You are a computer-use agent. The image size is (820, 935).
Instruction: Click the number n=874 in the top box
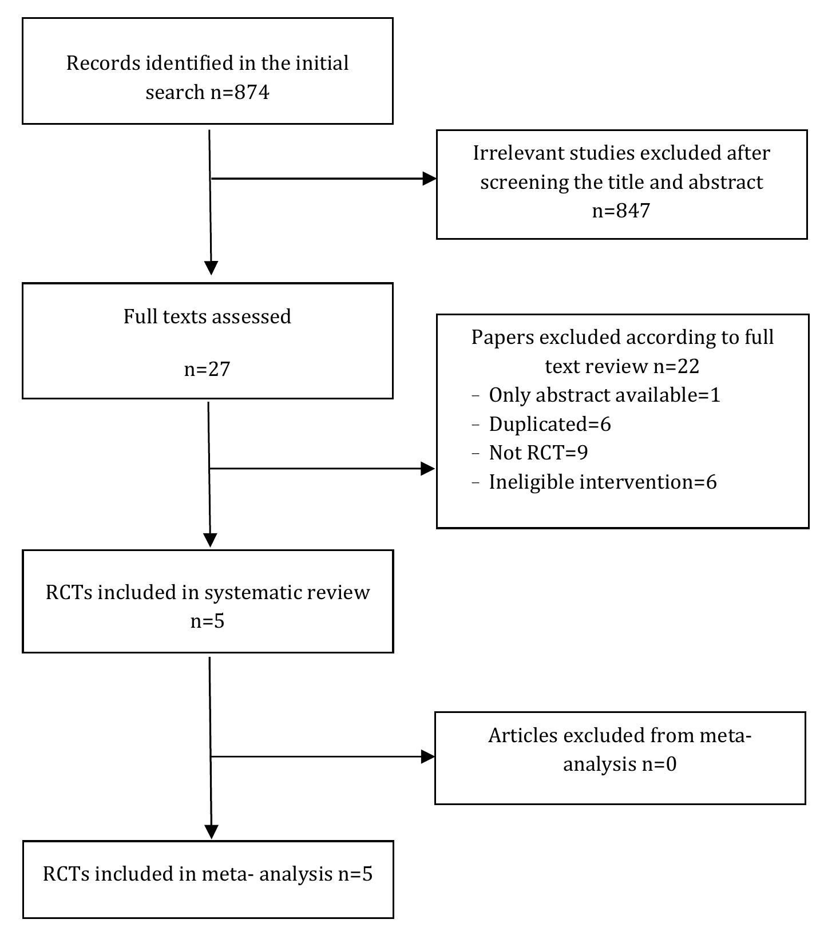click(x=240, y=92)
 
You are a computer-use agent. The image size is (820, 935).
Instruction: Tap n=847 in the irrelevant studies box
click(x=621, y=211)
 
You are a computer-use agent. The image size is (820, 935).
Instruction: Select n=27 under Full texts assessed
click(x=207, y=369)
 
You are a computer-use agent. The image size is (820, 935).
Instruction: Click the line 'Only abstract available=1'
click(x=604, y=395)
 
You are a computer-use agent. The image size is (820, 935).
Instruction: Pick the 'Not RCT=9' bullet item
click(x=538, y=453)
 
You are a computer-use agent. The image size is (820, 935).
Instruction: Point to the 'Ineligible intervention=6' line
click(x=602, y=482)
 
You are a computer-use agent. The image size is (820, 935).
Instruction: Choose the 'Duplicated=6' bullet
click(x=549, y=424)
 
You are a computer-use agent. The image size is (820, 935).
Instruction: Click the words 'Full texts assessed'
click(x=207, y=316)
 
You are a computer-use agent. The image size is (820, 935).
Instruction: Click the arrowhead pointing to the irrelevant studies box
click(x=429, y=179)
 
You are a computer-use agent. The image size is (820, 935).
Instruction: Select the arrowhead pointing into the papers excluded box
click(x=427, y=469)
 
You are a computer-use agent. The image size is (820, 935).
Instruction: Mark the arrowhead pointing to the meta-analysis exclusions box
click(x=427, y=756)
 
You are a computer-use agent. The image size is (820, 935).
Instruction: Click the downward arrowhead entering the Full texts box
click(x=211, y=268)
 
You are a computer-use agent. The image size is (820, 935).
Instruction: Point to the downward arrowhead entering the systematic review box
click(x=211, y=540)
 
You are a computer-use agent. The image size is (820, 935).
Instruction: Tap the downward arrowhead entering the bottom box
click(x=212, y=831)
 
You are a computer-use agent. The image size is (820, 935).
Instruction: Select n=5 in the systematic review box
click(x=207, y=621)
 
